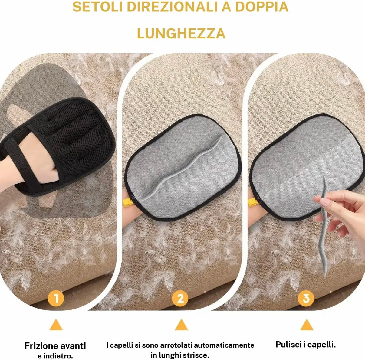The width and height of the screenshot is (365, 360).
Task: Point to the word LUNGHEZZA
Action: pos(181,33)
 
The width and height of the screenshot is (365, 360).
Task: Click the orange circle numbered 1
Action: pos(56,299)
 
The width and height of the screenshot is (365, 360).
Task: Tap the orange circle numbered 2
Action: pos(180,299)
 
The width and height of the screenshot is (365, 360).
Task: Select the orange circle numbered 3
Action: pos(306,299)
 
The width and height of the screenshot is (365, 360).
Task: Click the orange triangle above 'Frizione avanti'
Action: pos(56,325)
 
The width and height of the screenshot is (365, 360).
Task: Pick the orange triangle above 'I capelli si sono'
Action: pos(181,325)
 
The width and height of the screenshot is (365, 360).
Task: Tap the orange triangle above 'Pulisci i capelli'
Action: pos(307,325)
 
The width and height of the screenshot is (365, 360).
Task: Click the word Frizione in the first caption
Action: pos(41,346)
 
